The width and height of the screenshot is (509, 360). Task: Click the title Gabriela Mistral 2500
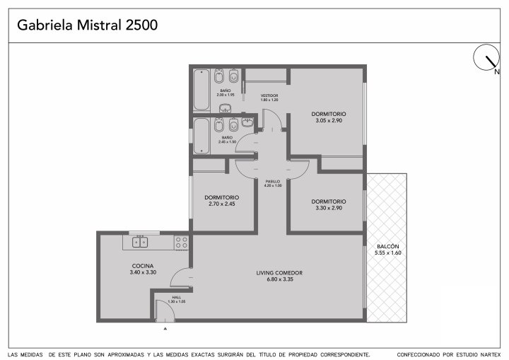(88, 25)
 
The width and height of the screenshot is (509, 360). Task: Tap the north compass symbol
(486, 57)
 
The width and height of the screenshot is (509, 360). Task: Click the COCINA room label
(143, 266)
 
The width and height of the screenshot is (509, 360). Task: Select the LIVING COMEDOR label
(279, 273)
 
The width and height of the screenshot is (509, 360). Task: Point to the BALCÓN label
(388, 246)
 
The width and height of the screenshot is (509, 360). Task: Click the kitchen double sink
(140, 242)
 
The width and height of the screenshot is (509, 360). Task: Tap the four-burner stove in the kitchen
(181, 243)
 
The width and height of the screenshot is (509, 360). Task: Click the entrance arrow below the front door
(165, 329)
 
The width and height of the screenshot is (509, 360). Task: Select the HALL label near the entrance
(177, 297)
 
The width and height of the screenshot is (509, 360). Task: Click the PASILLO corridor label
(273, 181)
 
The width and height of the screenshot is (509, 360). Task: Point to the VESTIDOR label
(269, 95)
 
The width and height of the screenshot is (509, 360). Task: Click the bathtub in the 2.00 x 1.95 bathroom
(201, 90)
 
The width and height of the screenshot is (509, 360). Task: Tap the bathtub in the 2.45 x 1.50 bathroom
(201, 136)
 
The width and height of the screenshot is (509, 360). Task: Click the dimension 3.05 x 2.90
(329, 120)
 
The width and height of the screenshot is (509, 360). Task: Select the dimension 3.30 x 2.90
(329, 208)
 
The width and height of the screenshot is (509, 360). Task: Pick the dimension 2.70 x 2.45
(222, 204)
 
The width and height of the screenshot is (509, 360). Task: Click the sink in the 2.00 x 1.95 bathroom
(225, 108)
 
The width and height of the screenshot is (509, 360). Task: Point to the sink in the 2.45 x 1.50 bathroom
(247, 122)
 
